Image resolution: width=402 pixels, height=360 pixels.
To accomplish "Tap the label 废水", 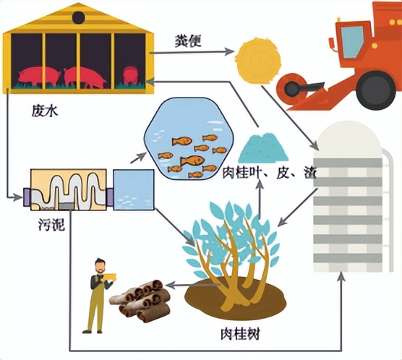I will click(x=43, y=111).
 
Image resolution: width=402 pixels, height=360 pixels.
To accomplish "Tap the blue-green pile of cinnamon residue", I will click(x=263, y=149).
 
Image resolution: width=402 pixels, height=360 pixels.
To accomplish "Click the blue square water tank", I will click(x=133, y=189).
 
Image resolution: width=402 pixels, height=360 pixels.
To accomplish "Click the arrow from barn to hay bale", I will click(x=192, y=51).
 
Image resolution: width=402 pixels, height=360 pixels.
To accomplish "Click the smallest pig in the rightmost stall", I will click(x=130, y=75).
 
